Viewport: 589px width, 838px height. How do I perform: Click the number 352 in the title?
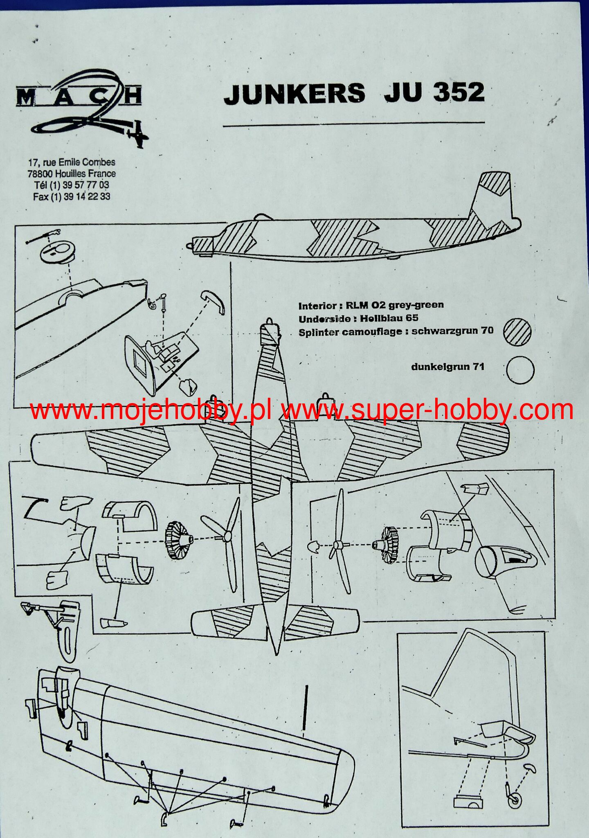(459, 92)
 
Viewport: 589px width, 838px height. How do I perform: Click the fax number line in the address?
(72, 196)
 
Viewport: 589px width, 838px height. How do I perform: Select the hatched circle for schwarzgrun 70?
(517, 331)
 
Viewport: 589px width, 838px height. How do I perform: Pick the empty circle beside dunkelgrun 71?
(520, 370)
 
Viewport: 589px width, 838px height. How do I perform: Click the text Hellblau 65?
(389, 318)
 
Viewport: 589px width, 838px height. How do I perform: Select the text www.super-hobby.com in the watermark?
(427, 410)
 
